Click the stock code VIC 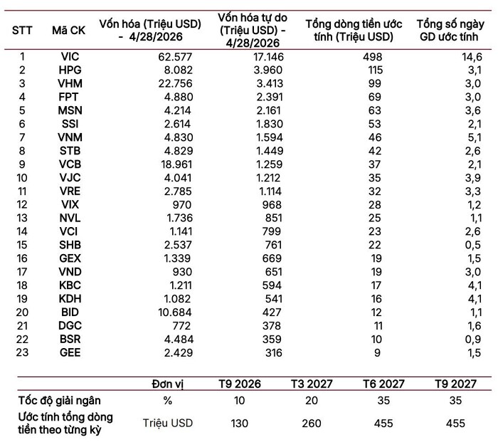tap(70, 56)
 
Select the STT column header tap(22, 31)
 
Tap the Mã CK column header tap(68, 31)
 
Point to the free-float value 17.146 tap(268, 56)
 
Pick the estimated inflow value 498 tap(373, 56)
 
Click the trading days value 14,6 tap(472, 56)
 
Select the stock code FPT tap(68, 97)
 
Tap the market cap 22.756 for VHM tap(175, 83)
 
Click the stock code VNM tap(70, 137)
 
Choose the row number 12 tap(22, 204)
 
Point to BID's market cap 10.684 tap(175, 312)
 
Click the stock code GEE tap(70, 352)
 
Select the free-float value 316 tap(273, 352)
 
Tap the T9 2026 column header tap(240, 384)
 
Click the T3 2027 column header tap(312, 384)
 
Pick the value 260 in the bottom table tap(312, 424)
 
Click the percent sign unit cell tap(168, 401)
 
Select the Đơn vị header tap(168, 384)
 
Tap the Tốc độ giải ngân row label tap(59, 401)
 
